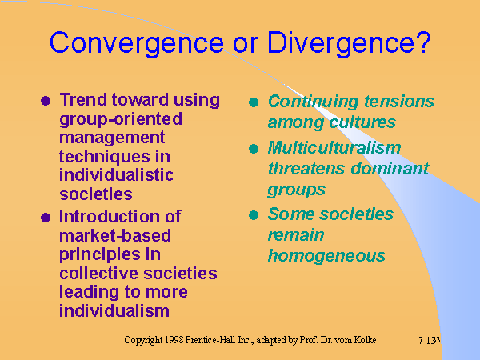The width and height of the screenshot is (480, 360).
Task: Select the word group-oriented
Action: point(121,118)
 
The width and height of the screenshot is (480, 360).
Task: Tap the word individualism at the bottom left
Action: point(114,310)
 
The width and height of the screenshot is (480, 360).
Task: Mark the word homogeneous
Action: point(326,256)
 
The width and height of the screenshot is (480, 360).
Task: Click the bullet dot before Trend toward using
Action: point(45,102)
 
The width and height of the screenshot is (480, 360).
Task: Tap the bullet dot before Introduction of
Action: point(45,218)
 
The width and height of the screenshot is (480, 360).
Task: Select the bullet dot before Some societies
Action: point(254,215)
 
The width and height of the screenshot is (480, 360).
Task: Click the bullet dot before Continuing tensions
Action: point(254,102)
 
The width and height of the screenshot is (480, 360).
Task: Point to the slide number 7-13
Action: point(427,341)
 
